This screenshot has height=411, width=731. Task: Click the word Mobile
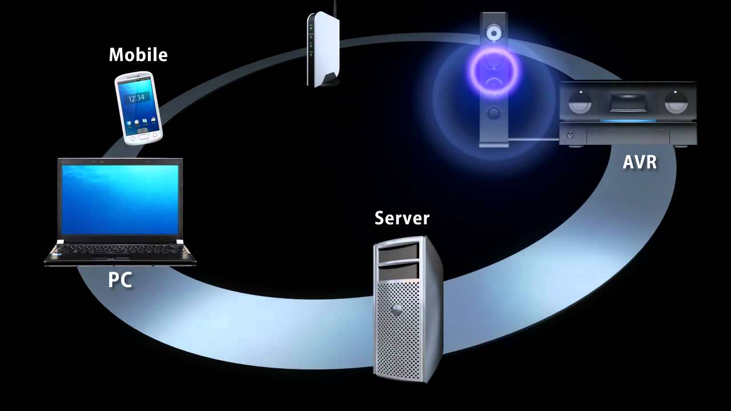[x=138, y=55]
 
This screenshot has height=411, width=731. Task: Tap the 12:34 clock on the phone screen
[x=136, y=98]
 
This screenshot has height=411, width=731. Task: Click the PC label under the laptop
[x=120, y=280]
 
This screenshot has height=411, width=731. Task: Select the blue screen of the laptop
[x=120, y=200]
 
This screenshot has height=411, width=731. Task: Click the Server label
[x=402, y=218]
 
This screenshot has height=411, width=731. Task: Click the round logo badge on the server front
[x=395, y=310]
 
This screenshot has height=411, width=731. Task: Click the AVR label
[x=640, y=163]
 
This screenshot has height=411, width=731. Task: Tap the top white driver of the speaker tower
[x=493, y=34]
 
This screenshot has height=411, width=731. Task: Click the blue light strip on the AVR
[x=628, y=120]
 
